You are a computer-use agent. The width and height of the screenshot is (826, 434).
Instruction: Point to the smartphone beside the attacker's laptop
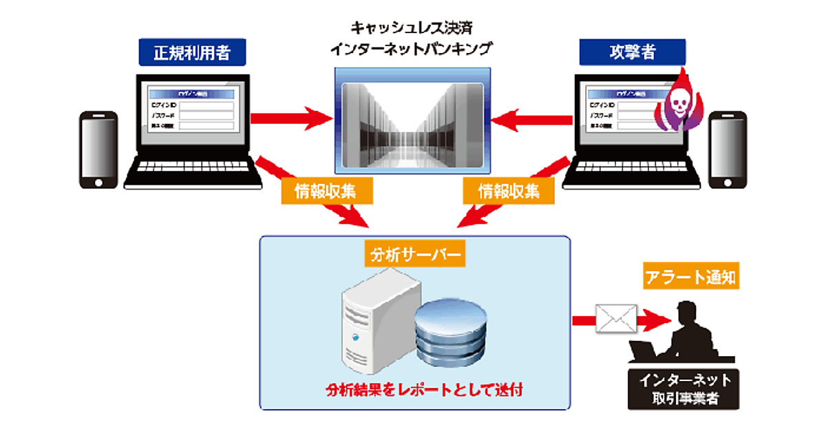point(728,149)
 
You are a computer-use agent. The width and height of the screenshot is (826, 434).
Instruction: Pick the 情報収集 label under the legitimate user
point(327,191)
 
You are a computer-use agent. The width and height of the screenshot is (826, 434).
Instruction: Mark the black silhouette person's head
point(688,314)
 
